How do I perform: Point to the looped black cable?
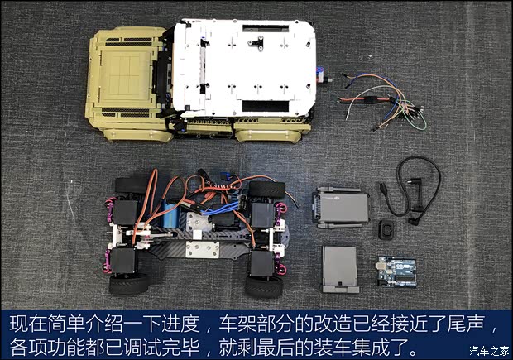click(418, 186)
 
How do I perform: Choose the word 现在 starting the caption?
click(25, 321)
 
